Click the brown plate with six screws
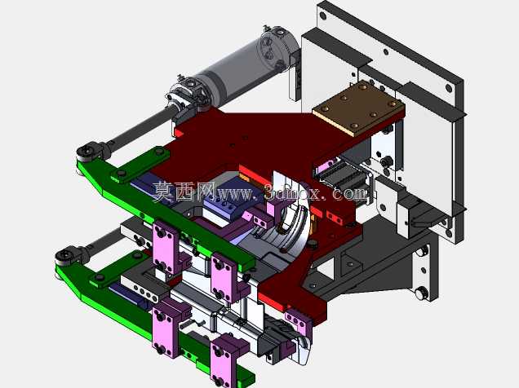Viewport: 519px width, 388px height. pyautogui.click(x=359, y=108)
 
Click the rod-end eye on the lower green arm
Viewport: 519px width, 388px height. pyautogui.click(x=66, y=255)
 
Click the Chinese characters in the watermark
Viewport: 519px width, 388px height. pyautogui.click(x=184, y=192)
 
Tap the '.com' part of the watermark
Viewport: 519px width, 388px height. pyautogui.click(x=350, y=192)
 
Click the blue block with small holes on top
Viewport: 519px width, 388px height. pyautogui.click(x=225, y=201)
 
